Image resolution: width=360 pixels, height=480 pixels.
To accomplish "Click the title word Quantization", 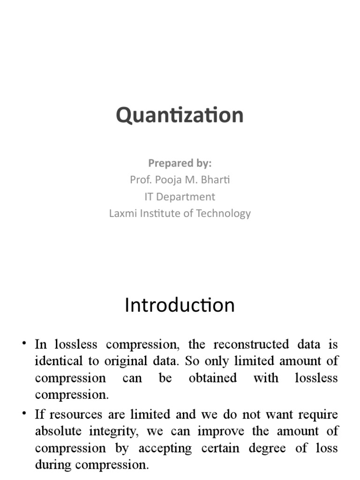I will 180,115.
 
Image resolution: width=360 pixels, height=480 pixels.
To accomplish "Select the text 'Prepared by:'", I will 180,163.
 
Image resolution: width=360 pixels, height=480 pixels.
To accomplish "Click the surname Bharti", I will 215,180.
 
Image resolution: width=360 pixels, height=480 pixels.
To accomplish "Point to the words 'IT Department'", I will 180,196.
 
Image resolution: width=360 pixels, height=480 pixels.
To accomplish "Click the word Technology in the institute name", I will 224,213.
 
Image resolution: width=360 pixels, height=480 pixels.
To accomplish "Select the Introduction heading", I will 180,305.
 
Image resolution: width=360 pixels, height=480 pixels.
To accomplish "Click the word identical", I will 56,361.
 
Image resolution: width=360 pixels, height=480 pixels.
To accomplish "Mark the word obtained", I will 213,378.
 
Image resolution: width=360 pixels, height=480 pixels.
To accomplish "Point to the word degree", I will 265,448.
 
